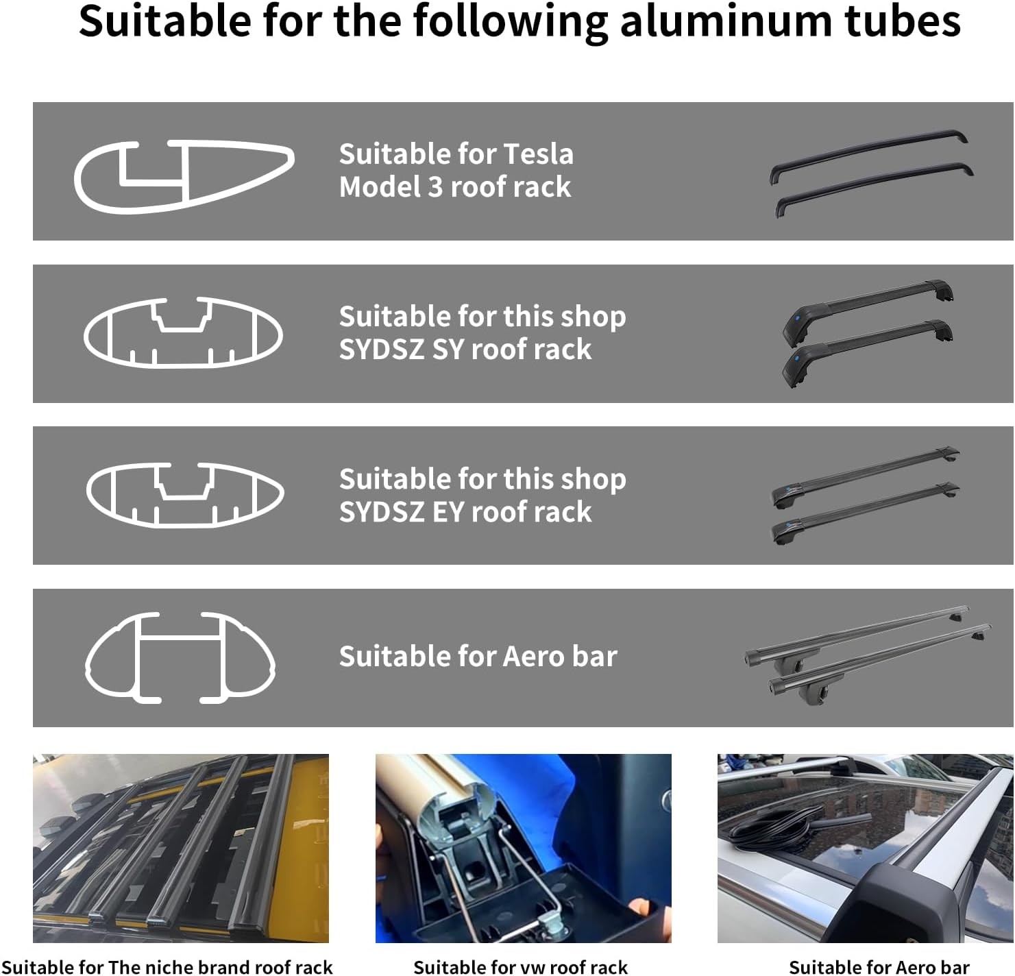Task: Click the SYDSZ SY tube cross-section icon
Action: tap(183, 332)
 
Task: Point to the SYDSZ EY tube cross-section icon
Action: tap(184, 494)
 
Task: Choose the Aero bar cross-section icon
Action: tap(180, 657)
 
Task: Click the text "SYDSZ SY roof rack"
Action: tap(465, 350)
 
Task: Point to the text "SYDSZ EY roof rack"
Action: tap(465, 512)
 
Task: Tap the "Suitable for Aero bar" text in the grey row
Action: tap(478, 657)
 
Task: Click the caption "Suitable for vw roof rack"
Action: tap(520, 966)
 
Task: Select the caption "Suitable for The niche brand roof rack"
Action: tap(167, 966)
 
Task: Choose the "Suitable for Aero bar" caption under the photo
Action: tap(879, 966)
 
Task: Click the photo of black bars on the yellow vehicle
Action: tap(181, 848)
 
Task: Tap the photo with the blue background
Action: tap(523, 848)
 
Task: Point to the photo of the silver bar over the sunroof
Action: tap(865, 848)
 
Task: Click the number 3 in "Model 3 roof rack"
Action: tap(435, 187)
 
